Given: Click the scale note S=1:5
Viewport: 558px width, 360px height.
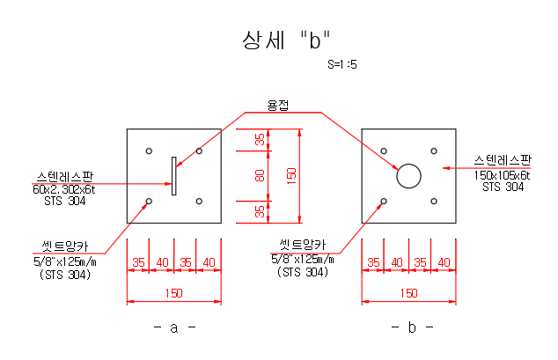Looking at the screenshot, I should (x=341, y=64).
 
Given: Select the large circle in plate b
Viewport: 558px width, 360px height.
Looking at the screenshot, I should (x=408, y=176).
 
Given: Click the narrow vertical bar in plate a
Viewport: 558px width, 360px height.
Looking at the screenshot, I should (x=174, y=175).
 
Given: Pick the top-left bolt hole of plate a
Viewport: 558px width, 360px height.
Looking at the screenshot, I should (x=150, y=151).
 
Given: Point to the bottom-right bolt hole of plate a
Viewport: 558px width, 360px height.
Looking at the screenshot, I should (x=199, y=202).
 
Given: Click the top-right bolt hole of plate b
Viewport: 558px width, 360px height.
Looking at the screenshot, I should (x=434, y=151).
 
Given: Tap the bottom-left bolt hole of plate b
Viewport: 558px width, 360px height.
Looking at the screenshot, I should (x=385, y=202).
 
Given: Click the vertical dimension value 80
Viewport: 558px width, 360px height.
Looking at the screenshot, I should (x=260, y=175).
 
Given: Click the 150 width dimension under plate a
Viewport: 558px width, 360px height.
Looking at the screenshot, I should (x=173, y=293).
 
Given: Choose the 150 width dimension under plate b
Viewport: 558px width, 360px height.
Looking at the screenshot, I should (x=408, y=293).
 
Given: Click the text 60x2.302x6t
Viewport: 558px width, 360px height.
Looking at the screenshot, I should (x=64, y=189).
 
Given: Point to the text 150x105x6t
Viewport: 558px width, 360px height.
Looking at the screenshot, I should (x=503, y=175).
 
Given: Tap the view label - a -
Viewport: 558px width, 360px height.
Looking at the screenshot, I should (x=173, y=327).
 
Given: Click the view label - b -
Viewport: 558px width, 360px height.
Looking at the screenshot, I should (x=411, y=327).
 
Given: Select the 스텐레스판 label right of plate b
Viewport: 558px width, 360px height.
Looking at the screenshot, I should (x=503, y=161).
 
